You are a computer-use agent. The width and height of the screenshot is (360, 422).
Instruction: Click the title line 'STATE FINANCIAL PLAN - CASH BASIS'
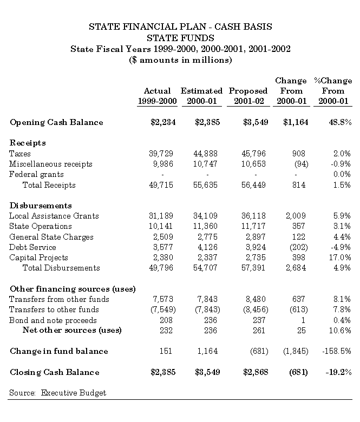(180, 26)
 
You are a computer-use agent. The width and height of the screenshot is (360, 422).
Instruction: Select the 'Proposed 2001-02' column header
(248, 96)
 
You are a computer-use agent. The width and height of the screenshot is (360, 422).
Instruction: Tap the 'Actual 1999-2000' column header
(157, 96)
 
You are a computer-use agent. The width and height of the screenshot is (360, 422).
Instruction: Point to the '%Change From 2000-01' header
(333, 91)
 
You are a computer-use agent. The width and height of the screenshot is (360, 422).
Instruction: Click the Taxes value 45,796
(254, 154)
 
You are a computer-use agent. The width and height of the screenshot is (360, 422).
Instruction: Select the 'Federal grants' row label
(36, 174)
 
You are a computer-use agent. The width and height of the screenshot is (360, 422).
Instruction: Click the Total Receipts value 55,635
(206, 185)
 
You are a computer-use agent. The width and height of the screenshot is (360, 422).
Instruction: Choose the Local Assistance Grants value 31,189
(161, 216)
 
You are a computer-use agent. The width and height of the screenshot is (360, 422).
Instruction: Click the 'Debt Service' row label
(32, 247)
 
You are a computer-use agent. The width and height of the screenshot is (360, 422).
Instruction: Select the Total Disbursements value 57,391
(254, 268)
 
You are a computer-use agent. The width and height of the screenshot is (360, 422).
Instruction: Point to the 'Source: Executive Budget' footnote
(57, 393)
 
